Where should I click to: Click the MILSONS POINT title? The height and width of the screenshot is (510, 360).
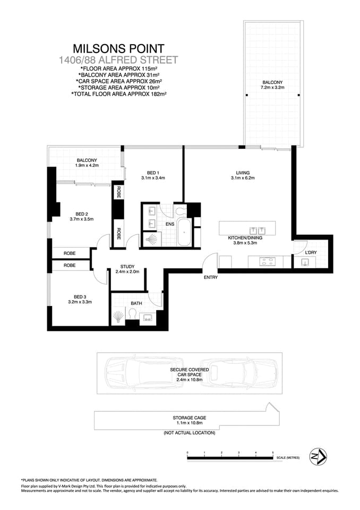tap(118, 49)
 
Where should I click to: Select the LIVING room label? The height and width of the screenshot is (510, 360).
tap(243, 173)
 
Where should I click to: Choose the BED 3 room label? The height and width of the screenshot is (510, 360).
tap(80, 297)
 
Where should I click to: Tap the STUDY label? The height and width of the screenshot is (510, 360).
tap(127, 267)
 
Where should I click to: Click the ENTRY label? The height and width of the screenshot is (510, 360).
tap(210, 277)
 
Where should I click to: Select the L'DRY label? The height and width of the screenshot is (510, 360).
tap(311, 252)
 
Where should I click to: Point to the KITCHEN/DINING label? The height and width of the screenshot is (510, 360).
tap(245, 238)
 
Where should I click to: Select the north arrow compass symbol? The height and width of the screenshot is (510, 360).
tap(318, 456)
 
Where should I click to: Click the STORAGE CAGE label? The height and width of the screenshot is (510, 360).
tap(189, 418)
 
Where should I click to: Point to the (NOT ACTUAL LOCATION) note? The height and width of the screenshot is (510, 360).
tap(189, 433)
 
